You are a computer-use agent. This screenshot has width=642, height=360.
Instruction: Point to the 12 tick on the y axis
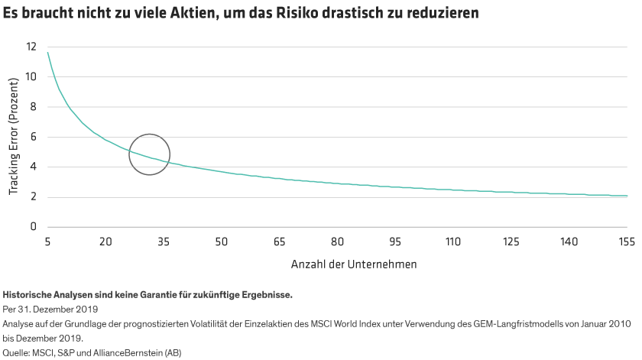[x=31, y=47]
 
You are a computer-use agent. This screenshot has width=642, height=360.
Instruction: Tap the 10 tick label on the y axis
[x=31, y=76]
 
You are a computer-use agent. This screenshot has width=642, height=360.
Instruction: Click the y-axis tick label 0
[x=34, y=227]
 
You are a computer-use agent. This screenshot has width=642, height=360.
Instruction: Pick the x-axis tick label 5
[x=47, y=242]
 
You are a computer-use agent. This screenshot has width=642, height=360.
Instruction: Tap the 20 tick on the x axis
[x=105, y=242]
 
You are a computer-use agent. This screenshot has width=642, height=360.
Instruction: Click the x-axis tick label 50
[x=222, y=242]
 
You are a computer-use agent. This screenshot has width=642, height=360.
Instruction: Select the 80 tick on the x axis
[x=337, y=242]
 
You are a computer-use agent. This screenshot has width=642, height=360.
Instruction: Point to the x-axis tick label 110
[x=453, y=242]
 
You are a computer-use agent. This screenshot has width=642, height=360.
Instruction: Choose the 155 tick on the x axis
[x=627, y=242]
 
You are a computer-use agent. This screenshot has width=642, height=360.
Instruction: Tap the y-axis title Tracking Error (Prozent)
[x=14, y=144]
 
